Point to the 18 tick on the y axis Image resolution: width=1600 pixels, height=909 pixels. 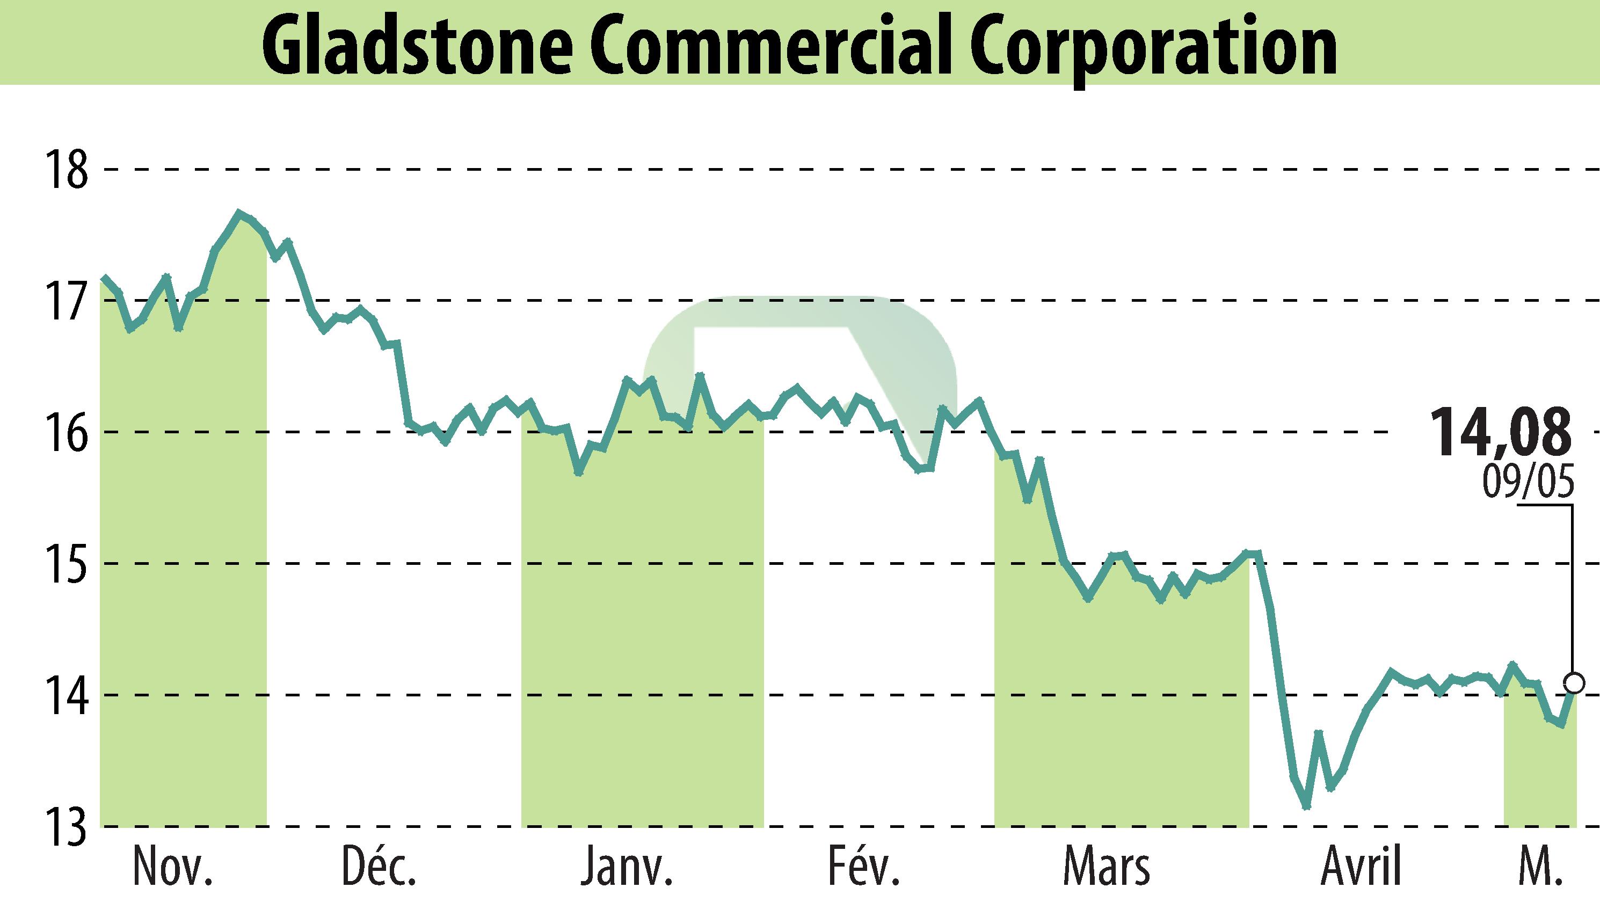65,169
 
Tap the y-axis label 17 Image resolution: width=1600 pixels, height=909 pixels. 65,301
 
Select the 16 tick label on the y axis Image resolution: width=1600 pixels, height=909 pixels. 65,432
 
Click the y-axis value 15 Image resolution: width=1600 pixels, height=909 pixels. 65,564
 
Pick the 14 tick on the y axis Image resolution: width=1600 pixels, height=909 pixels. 65,695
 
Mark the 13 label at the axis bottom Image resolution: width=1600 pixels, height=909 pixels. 65,827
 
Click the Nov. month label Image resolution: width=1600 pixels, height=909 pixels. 173,867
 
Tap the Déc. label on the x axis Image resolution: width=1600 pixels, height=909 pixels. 380,867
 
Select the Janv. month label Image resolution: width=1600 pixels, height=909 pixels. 626,867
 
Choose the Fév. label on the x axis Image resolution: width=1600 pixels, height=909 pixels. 864,867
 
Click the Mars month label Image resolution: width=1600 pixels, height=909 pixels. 1106,867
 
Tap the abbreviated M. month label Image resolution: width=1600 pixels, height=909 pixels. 1539,867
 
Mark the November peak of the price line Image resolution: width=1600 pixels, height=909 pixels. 238,213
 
